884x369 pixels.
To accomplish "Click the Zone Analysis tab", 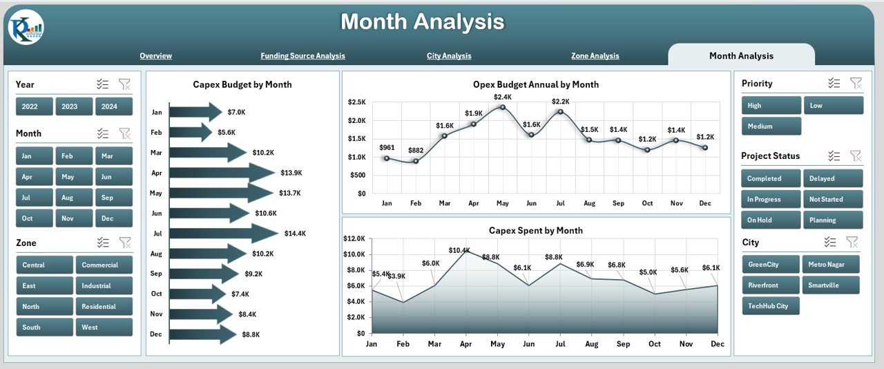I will click(x=595, y=56).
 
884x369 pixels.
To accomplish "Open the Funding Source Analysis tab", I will click(x=302, y=56).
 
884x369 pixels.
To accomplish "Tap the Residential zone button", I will click(x=103, y=306).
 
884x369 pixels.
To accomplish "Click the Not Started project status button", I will click(x=832, y=199).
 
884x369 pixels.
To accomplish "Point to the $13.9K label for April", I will click(x=291, y=173).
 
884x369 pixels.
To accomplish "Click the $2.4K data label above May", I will click(x=502, y=97).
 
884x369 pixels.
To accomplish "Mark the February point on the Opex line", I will click(x=416, y=161).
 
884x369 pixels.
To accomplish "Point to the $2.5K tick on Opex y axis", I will click(x=356, y=102).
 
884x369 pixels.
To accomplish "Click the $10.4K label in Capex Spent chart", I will click(x=459, y=250).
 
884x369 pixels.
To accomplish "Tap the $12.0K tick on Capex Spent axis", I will click(x=354, y=238).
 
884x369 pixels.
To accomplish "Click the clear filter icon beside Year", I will click(x=124, y=84).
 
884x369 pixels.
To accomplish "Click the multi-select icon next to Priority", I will click(x=834, y=83).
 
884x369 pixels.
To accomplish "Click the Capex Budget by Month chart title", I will click(x=242, y=84).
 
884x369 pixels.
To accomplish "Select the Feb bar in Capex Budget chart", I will click(x=191, y=132).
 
